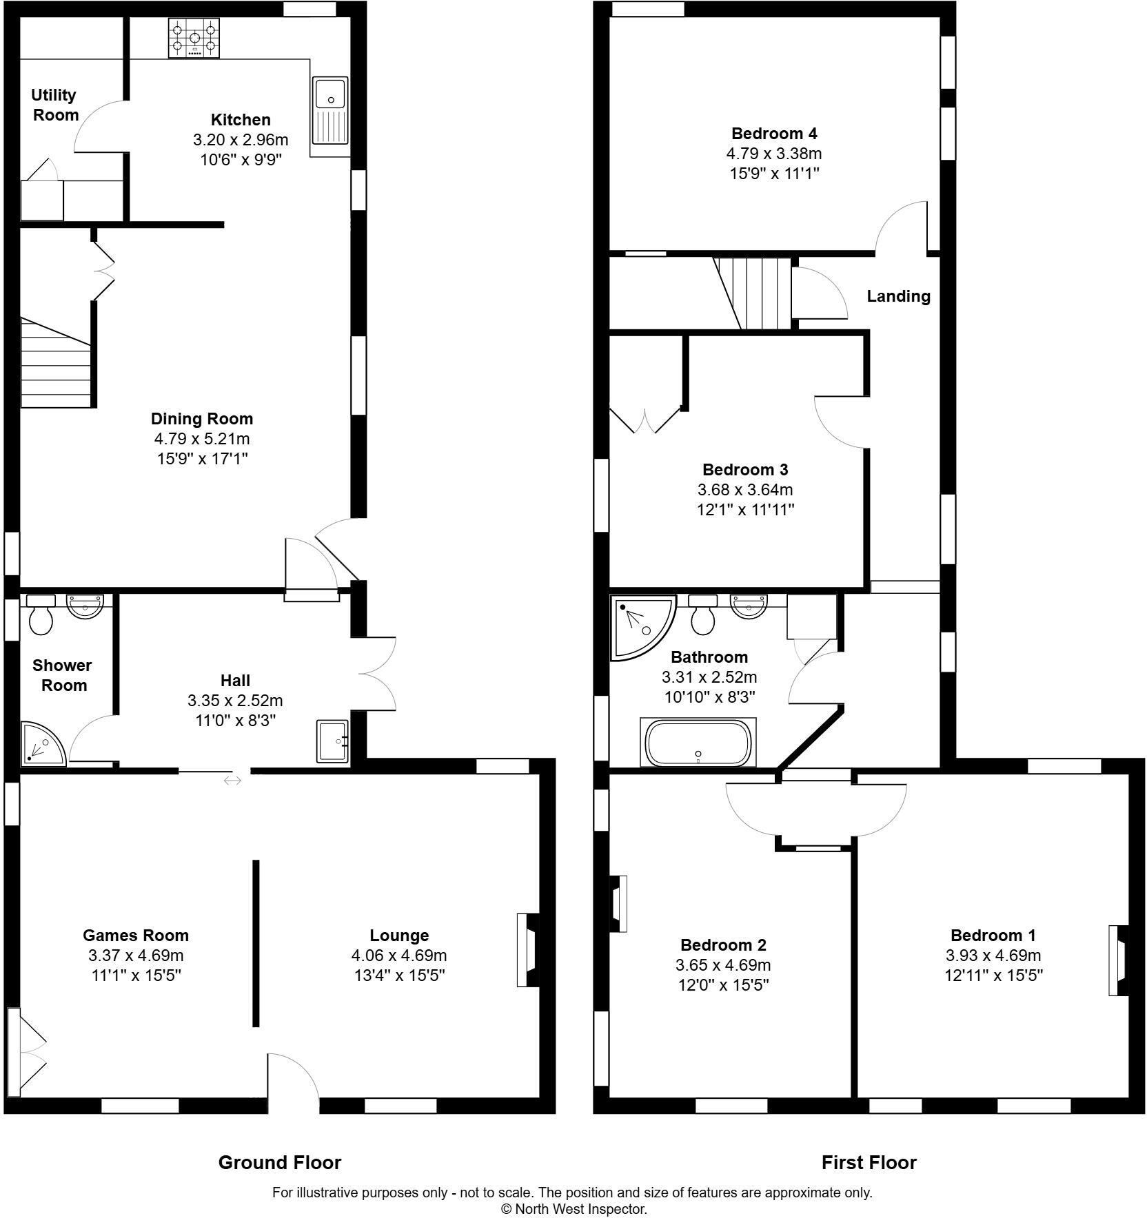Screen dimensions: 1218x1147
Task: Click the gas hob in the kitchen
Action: pyautogui.click(x=194, y=38)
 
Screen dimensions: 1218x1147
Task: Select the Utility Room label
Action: pyautogui.click(x=54, y=105)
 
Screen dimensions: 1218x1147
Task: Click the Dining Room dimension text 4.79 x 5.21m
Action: pyautogui.click(x=201, y=439)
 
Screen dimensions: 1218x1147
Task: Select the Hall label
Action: pyautogui.click(x=235, y=681)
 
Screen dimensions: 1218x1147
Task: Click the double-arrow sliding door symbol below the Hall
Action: pyautogui.click(x=233, y=781)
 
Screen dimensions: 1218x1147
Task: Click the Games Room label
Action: pyautogui.click(x=136, y=935)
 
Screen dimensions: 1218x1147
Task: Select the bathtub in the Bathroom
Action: pyautogui.click(x=698, y=743)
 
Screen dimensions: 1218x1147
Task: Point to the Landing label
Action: pyautogui.click(x=898, y=296)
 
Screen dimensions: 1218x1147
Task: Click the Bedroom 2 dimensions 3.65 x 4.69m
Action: pyautogui.click(x=723, y=965)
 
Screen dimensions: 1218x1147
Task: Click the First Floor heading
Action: pyautogui.click(x=869, y=1163)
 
